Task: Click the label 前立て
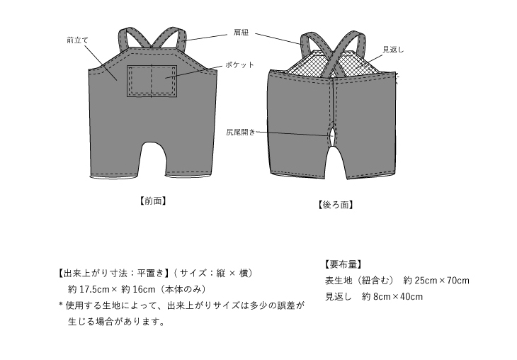pyautogui.click(x=78, y=40)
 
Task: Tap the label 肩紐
pyautogui.click(x=241, y=33)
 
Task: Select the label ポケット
pyautogui.click(x=239, y=64)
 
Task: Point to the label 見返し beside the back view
pyautogui.click(x=393, y=50)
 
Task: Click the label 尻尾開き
pyautogui.click(x=241, y=132)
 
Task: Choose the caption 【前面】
pyautogui.click(x=153, y=201)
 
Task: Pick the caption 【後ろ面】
pyautogui.click(x=335, y=205)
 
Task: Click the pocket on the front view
pyautogui.click(x=152, y=81)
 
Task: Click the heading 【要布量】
pyautogui.click(x=343, y=264)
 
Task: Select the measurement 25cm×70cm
pyautogui.click(x=442, y=281)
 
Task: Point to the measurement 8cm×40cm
pyautogui.click(x=398, y=297)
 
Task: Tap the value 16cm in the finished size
pyautogui.click(x=144, y=289)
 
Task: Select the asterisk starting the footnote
pyautogui.click(x=61, y=305)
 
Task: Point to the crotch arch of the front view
pyautogui.click(x=153, y=143)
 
